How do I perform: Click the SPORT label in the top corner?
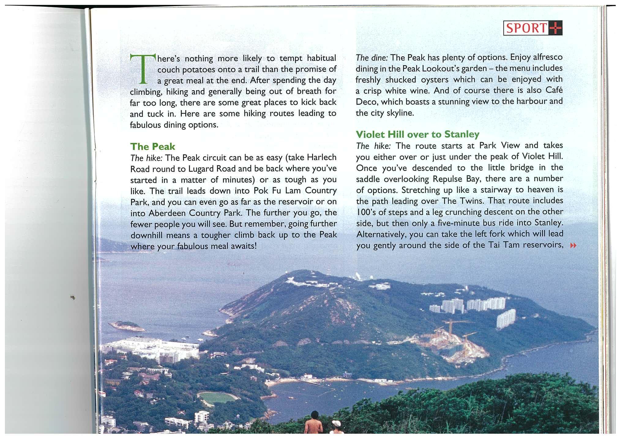[526, 28]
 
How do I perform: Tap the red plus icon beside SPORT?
[555, 28]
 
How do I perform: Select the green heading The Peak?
[153, 147]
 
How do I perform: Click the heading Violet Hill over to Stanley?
[418, 134]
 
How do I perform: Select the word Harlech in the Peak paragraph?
[322, 157]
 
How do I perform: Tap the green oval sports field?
[218, 398]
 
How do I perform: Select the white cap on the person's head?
[336, 423]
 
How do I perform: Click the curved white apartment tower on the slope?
[506, 318]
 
